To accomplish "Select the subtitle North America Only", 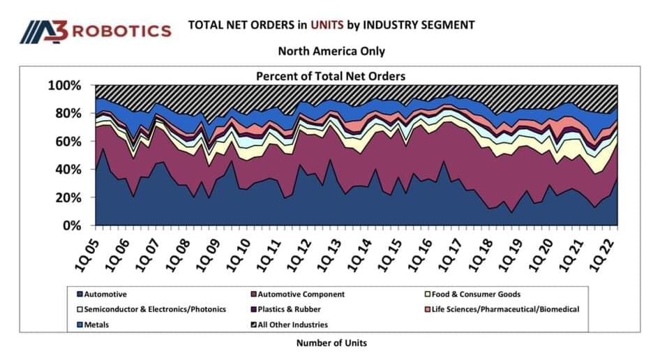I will pyautogui.click(x=331, y=51).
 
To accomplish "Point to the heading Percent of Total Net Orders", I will pyautogui.click(x=331, y=75).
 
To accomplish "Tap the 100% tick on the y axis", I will pyautogui.click(x=66, y=85).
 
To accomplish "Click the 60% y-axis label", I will pyautogui.click(x=69, y=142).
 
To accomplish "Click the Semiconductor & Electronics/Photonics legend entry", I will pyautogui.click(x=150, y=309).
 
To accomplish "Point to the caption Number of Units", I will pyautogui.click(x=331, y=343).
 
